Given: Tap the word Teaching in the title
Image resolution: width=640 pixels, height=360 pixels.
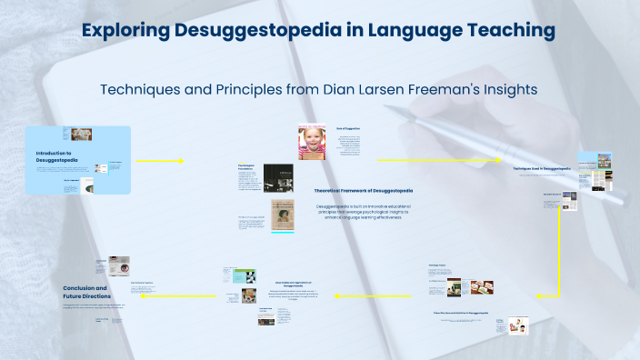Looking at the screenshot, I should point(508,30).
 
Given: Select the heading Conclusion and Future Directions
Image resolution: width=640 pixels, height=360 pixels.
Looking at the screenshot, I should point(85,292).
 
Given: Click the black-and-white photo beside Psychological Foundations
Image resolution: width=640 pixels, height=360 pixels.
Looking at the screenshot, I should point(277,177).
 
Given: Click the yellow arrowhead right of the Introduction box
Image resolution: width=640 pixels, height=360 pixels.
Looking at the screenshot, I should point(180,161).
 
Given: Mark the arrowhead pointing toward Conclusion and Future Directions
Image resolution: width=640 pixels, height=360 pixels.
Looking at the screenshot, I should point(146,295).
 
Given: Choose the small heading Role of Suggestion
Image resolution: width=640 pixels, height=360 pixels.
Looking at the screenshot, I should point(348,128).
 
